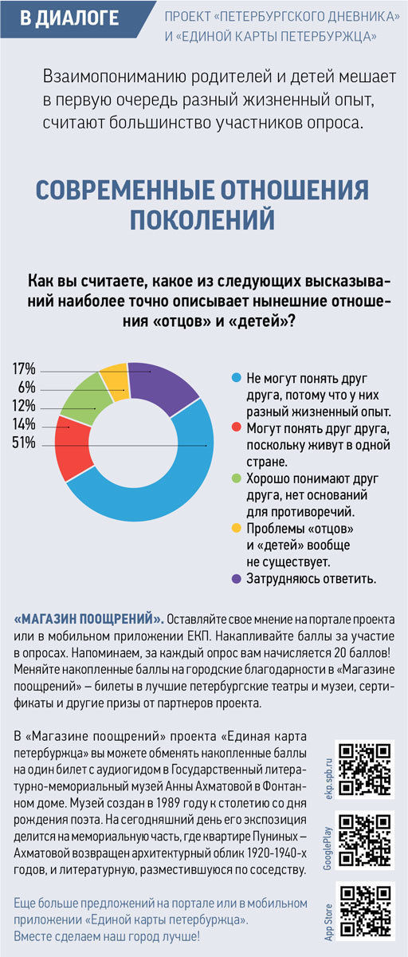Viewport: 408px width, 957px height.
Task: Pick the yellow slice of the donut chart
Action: tap(116, 380)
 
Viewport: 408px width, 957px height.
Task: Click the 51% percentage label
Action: tap(24, 443)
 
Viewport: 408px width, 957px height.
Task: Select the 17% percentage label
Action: tap(24, 368)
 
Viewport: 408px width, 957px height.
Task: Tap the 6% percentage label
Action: tap(26, 387)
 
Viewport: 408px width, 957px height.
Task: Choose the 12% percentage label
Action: tap(24, 405)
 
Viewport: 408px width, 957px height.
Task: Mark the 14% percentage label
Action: tap(24, 424)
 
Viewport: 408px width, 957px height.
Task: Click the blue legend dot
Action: tap(236, 378)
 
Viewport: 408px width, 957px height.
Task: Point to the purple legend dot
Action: tap(236, 578)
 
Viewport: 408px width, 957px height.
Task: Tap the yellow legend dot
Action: tap(236, 528)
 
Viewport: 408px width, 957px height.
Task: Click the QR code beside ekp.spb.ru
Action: tap(365, 769)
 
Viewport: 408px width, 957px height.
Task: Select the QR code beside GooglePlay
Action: tap(365, 840)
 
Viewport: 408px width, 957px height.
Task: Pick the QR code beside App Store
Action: tap(365, 911)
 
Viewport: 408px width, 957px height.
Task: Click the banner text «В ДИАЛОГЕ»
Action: tap(69, 18)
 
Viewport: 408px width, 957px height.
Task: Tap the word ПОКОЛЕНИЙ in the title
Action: tap(202, 219)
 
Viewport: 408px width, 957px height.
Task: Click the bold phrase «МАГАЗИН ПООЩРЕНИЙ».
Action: tap(88, 619)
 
